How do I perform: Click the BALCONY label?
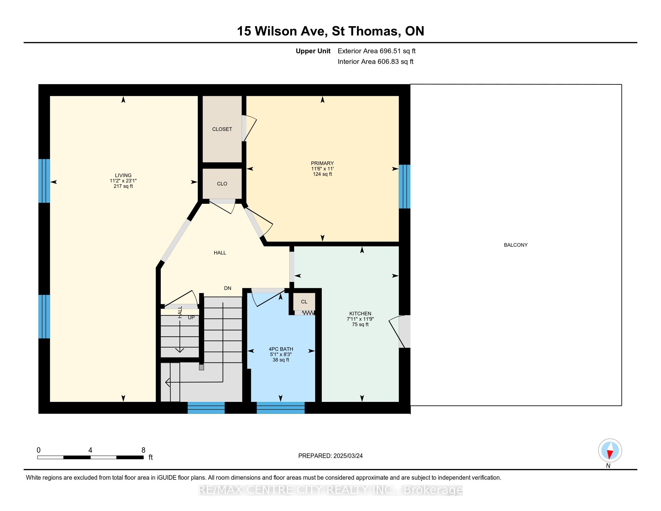pos(515,245)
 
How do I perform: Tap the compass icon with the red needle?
pos(610,450)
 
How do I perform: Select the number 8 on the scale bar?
pos(143,450)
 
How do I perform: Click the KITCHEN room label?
pos(360,313)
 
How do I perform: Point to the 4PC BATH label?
pos(281,349)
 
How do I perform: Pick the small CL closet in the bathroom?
pos(304,301)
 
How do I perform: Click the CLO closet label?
pos(222,184)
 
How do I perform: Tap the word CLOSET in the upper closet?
pos(222,129)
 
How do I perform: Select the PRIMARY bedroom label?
pos(322,163)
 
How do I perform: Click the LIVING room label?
pos(123,175)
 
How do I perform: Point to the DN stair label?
pos(228,288)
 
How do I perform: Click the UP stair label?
pos(191,317)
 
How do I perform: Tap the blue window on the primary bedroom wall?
pos(404,186)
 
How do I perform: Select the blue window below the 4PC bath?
pos(281,408)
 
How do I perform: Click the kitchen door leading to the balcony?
pos(400,332)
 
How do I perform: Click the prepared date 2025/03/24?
pos(347,456)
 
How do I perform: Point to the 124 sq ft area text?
pos(322,174)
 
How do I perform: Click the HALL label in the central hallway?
pos(220,253)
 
